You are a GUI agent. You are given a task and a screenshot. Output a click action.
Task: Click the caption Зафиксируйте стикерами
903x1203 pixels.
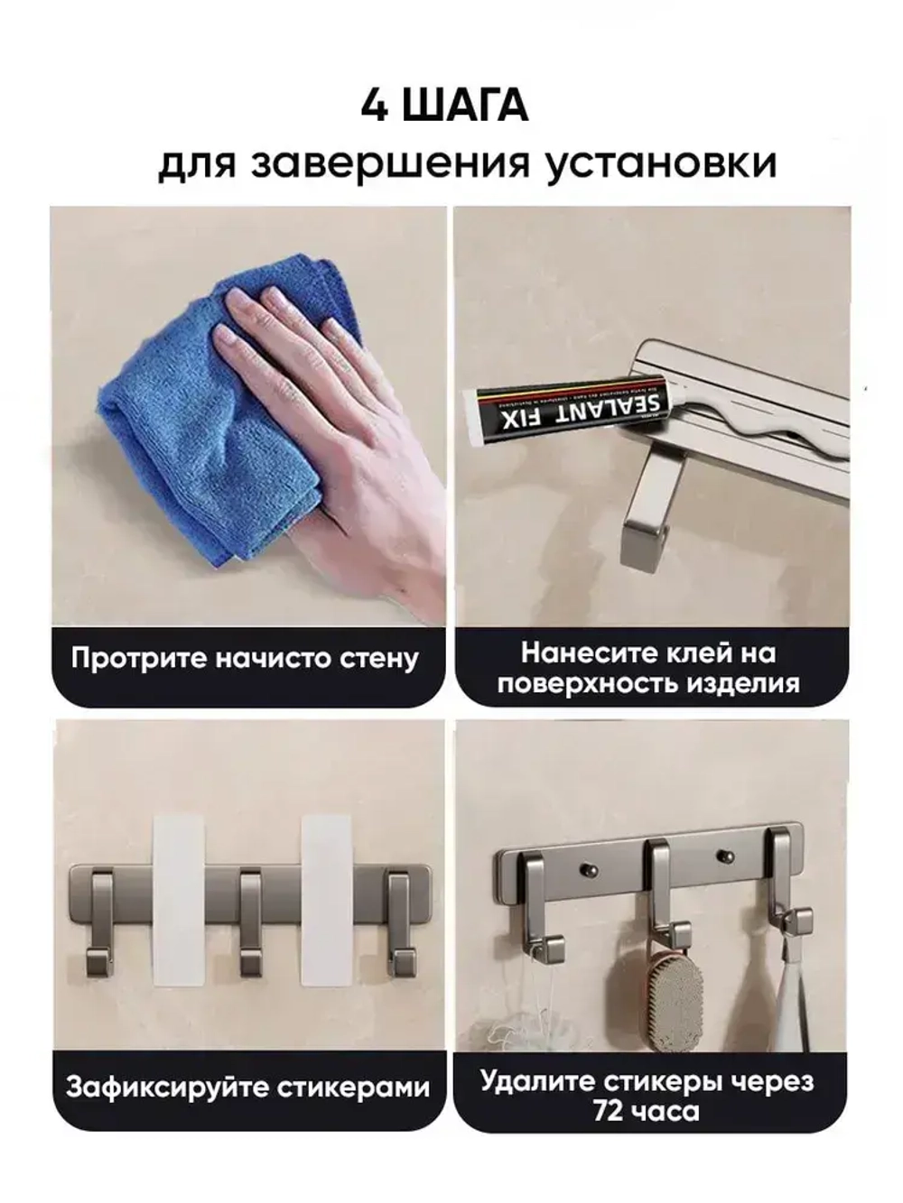(x=247, y=1087)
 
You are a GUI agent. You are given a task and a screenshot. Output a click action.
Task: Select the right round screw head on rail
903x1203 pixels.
(x=721, y=853)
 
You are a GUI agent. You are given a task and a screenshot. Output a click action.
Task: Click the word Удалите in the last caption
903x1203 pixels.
(x=533, y=1080)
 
